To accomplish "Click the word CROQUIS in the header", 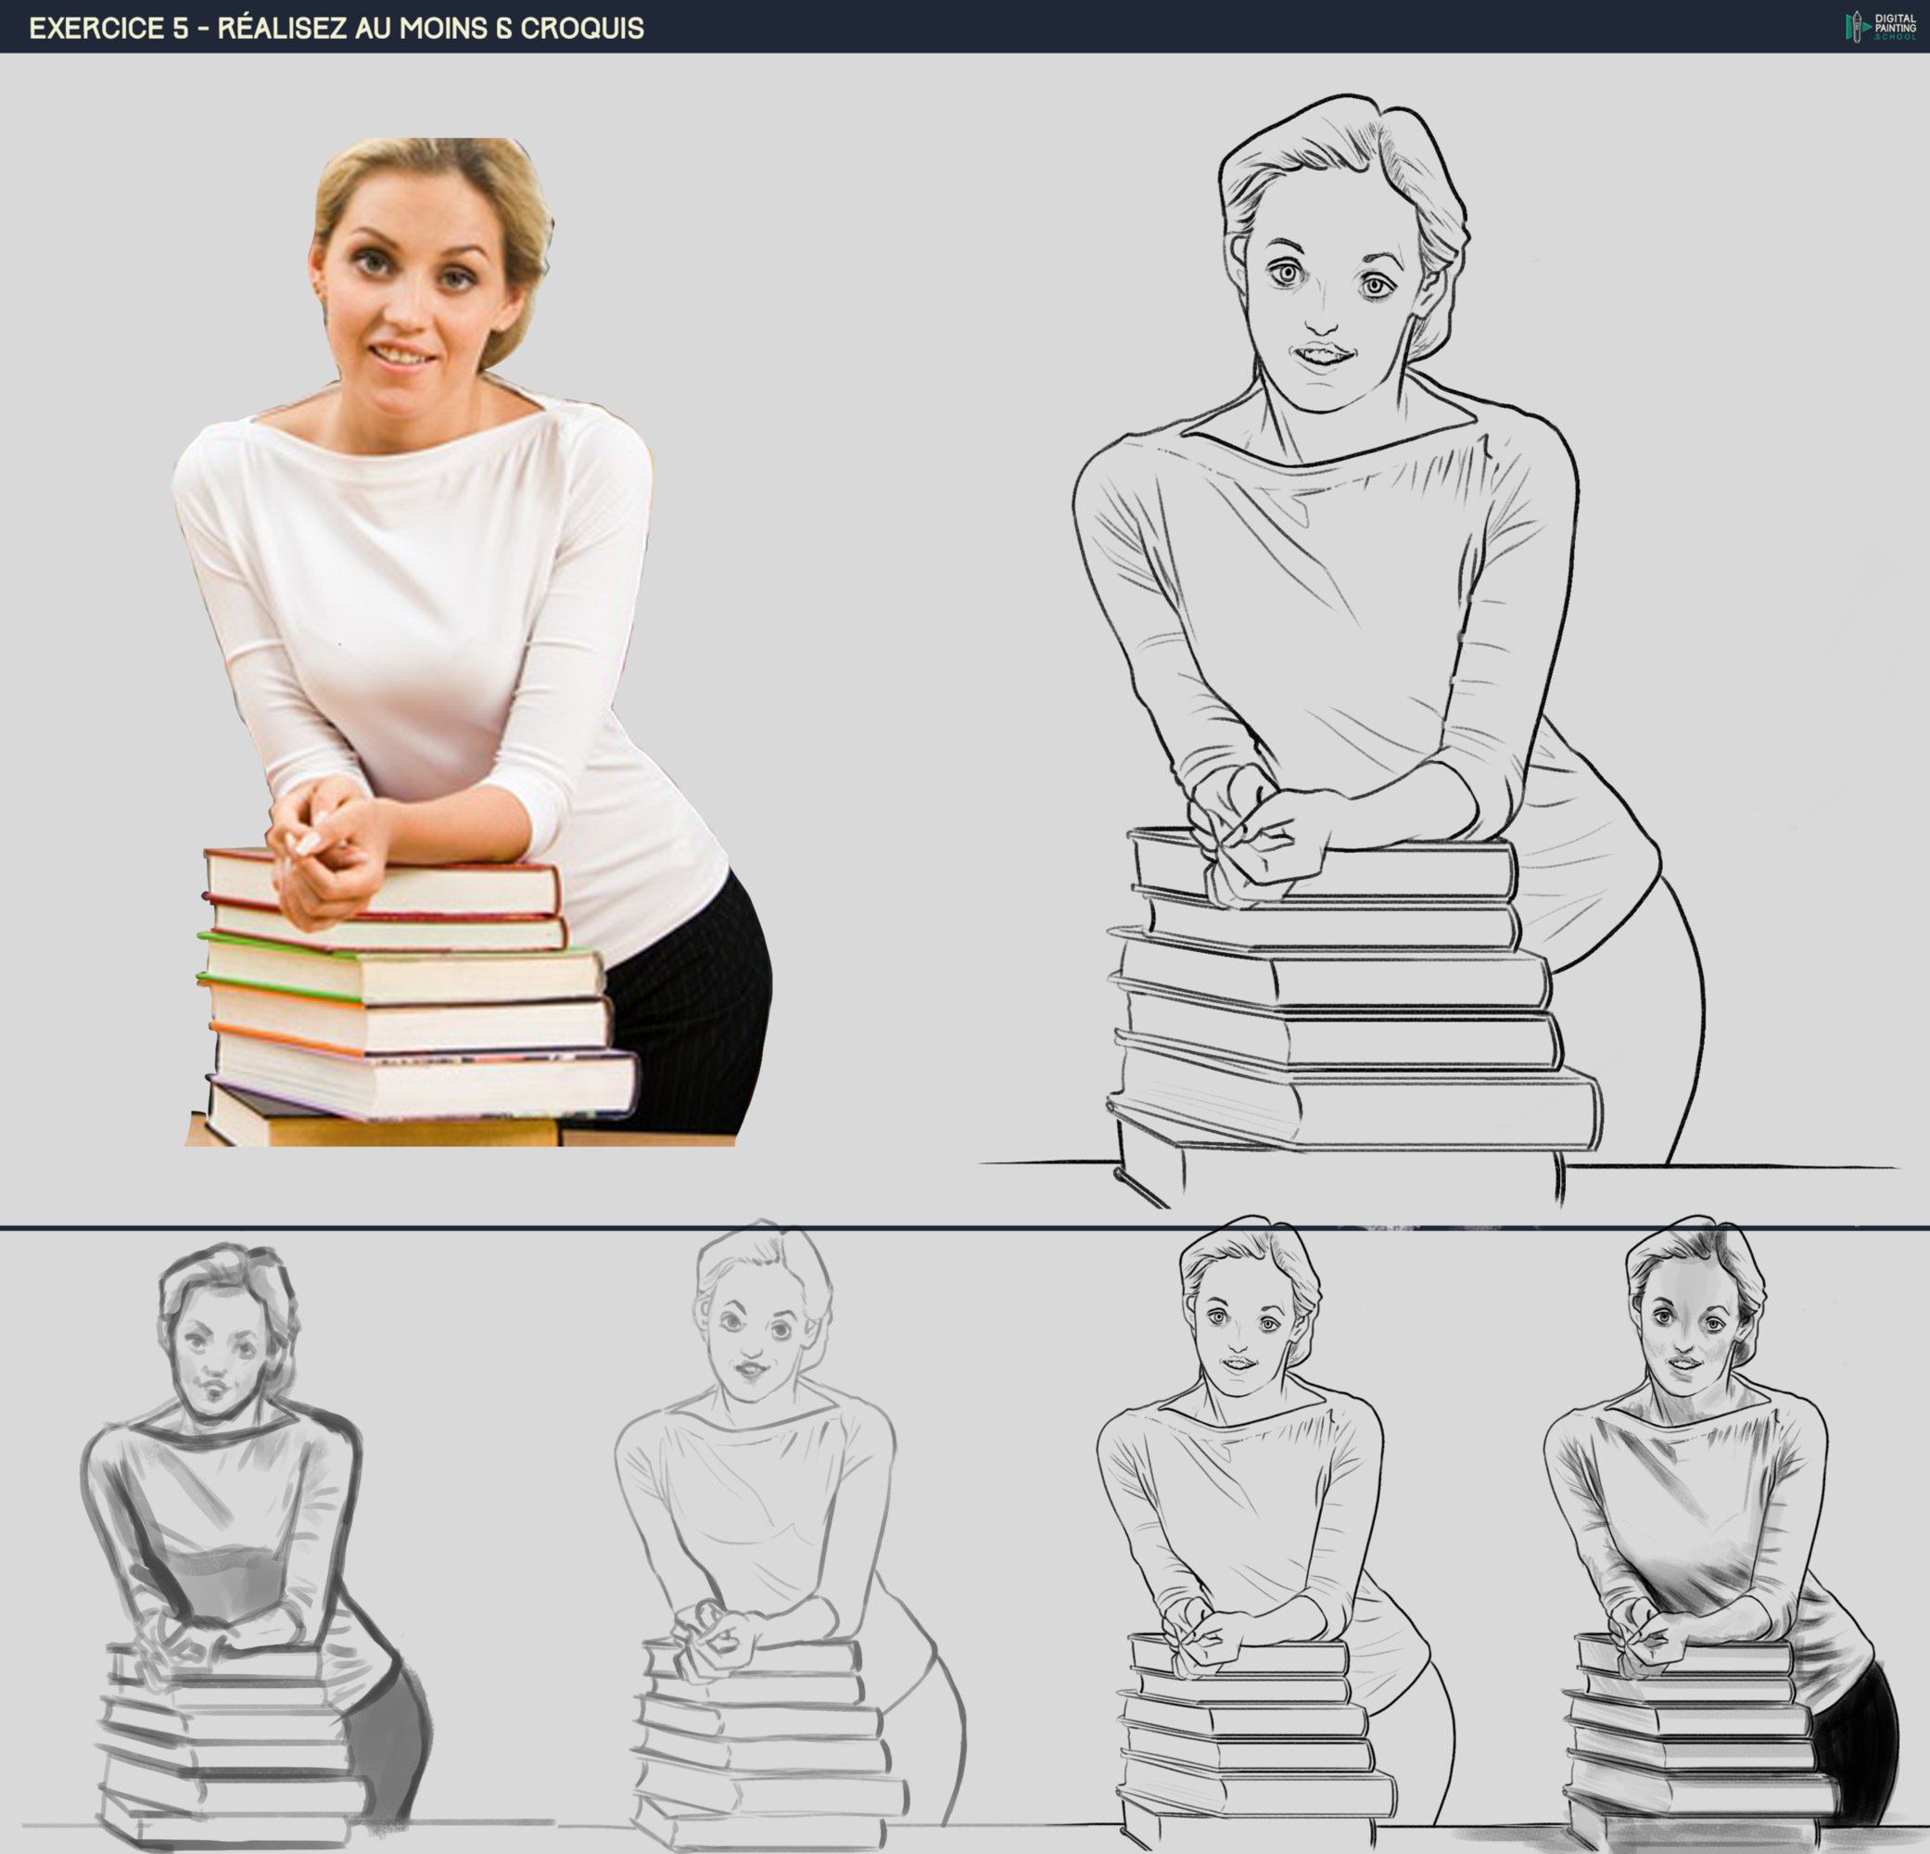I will tap(582, 28).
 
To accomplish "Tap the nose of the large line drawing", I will tap(1323, 317).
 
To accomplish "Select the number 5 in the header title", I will tap(180, 28).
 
